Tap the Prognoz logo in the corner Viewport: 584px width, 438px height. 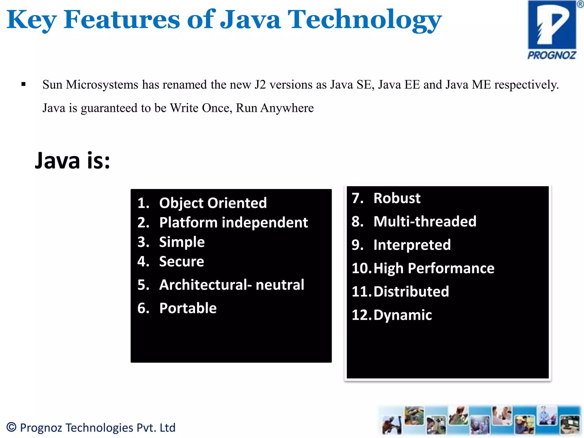coord(552,30)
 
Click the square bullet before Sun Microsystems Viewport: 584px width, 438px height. coord(23,84)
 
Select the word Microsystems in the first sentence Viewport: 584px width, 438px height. coord(102,85)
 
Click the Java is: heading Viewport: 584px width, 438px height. coord(72,161)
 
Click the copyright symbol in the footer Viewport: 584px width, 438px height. coord(11,427)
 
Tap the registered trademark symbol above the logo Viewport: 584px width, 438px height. coord(580,4)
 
